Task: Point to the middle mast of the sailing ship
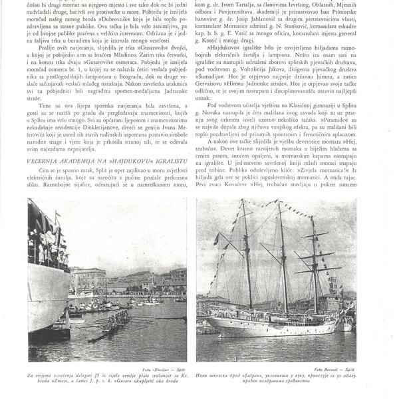tap(283, 259)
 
